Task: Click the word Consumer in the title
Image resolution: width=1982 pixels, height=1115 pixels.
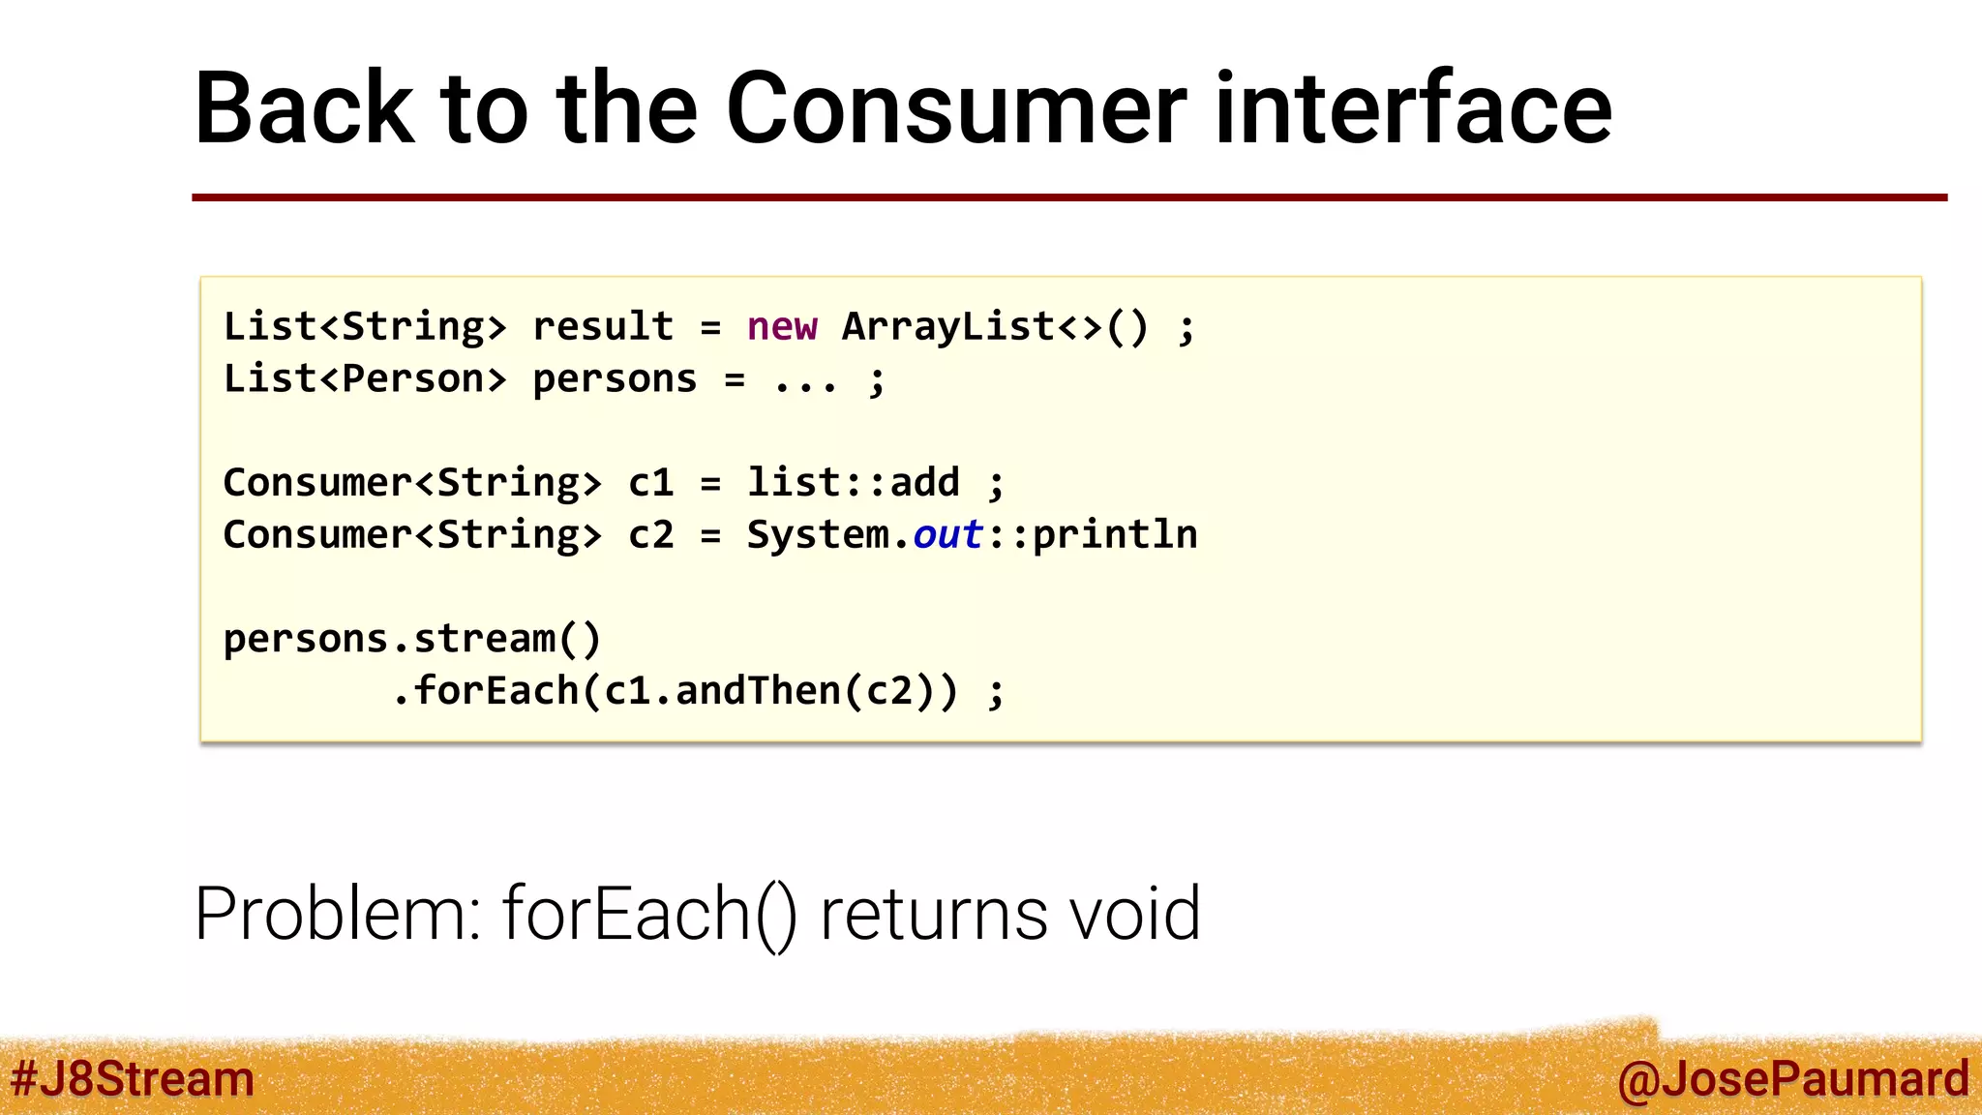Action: (x=956, y=108)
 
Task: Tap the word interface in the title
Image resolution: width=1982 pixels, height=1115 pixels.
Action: (x=1413, y=108)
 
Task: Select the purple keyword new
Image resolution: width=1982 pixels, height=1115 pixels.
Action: (x=782, y=327)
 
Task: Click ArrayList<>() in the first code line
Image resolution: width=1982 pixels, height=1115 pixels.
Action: (x=995, y=327)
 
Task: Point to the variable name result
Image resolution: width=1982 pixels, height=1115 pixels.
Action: (x=603, y=327)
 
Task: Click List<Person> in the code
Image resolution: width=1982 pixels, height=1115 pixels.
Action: (x=365, y=379)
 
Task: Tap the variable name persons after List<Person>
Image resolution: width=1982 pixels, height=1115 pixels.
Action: (x=615, y=379)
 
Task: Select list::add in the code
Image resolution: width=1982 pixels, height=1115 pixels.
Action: (x=853, y=483)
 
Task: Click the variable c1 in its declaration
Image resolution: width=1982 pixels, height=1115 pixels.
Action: (x=650, y=483)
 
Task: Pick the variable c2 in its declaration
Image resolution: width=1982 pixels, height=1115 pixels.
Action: (x=650, y=535)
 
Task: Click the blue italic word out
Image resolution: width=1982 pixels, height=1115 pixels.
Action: (x=947, y=535)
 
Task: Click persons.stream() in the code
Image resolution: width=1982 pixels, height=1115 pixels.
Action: (x=412, y=640)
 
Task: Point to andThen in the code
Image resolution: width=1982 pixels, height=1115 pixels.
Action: (x=758, y=692)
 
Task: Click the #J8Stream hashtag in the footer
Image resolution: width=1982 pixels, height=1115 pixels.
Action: (x=133, y=1079)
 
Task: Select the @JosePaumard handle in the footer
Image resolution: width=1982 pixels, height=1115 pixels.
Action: (x=1792, y=1079)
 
